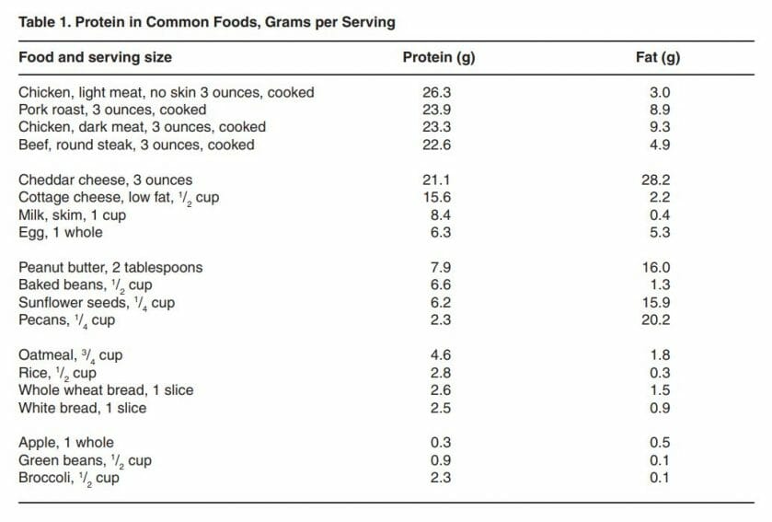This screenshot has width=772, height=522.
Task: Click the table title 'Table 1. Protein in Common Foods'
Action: (207, 22)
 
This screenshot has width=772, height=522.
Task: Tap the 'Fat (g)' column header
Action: (659, 57)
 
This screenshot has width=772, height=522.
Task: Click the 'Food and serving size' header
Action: (95, 57)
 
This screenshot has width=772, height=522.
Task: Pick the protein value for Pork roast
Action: (437, 110)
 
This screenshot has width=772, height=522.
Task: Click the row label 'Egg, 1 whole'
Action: (61, 232)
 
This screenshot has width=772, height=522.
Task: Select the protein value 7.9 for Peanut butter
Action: (437, 267)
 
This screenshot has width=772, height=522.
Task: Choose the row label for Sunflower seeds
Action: (97, 303)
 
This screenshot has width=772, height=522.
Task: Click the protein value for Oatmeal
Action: (437, 354)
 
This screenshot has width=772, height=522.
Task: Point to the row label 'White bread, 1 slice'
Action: (83, 407)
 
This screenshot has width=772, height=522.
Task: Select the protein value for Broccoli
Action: (437, 477)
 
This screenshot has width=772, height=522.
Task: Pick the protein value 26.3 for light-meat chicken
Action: (437, 92)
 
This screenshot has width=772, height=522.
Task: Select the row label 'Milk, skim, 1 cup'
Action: (73, 215)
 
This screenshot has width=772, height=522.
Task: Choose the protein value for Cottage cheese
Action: (437, 197)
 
